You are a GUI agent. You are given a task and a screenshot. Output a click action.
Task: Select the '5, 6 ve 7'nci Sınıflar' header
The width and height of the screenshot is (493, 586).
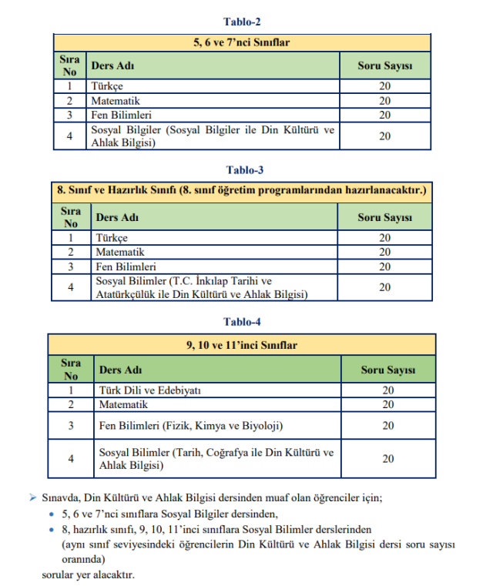tap(242, 42)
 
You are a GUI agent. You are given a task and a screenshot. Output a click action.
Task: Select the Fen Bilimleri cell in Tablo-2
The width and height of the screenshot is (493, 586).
tap(122, 115)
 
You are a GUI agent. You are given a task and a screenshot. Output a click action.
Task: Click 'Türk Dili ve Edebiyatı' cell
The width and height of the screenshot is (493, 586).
tap(150, 390)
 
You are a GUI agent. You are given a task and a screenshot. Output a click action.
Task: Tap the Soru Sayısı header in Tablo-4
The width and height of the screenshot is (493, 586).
tap(388, 370)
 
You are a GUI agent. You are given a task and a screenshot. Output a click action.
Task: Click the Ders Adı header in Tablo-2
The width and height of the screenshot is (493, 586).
tap(109, 65)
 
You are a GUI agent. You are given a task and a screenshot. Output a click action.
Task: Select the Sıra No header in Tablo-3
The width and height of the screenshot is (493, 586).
tap(70, 217)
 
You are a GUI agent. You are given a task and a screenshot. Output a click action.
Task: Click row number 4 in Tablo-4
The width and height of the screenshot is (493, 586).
tap(71, 459)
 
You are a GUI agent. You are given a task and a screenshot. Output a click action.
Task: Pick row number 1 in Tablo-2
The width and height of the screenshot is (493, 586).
tap(70, 86)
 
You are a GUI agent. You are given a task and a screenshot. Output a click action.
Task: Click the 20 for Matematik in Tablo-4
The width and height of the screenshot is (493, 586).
tap(388, 404)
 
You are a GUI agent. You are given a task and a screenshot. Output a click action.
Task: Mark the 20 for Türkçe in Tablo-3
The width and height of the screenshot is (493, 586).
tap(385, 238)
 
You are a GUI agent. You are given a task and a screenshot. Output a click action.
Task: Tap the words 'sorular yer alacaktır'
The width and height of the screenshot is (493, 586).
tap(88, 574)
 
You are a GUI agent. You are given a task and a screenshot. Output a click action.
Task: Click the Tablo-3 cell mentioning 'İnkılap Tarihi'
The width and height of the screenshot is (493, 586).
tap(201, 287)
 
